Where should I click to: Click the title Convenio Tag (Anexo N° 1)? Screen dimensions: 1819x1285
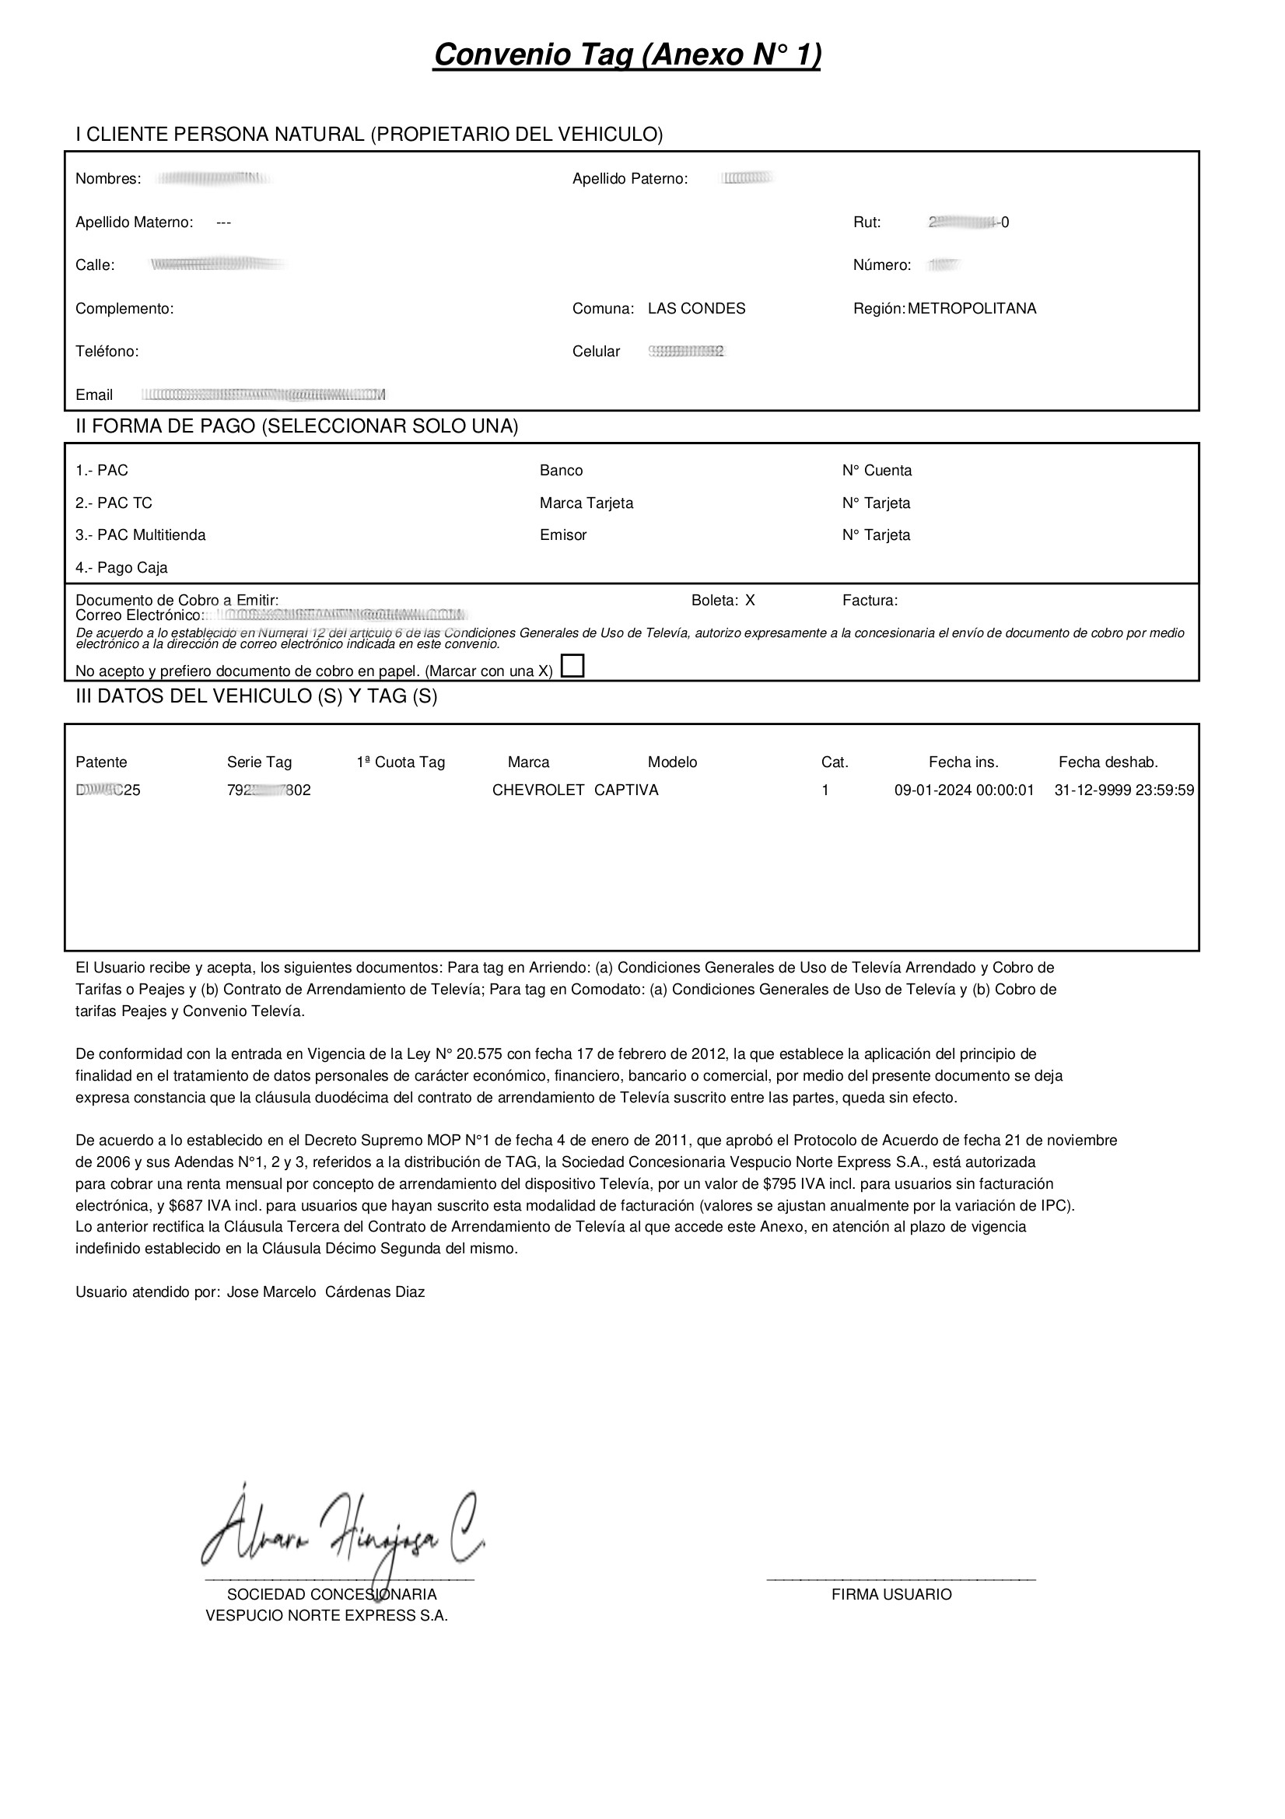tap(627, 54)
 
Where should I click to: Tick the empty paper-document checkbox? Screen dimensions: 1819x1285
tap(572, 666)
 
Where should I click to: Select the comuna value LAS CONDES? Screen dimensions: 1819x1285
tap(696, 308)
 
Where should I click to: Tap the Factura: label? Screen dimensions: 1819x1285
tap(870, 601)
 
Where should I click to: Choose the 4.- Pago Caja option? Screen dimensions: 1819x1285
tap(121, 567)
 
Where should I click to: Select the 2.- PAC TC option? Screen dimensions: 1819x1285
tap(114, 503)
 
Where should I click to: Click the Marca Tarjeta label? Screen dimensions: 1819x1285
tap(586, 503)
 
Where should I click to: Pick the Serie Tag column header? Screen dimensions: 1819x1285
tap(259, 762)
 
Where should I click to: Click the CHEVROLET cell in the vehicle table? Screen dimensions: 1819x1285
tap(538, 790)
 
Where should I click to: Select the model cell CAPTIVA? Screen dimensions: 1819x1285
tap(626, 790)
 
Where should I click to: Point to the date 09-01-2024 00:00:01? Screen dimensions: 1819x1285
tap(965, 790)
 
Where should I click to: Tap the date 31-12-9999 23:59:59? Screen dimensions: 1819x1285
tap(1124, 790)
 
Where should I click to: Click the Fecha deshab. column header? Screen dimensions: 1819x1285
tap(1108, 762)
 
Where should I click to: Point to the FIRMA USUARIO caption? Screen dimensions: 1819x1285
tap(891, 1594)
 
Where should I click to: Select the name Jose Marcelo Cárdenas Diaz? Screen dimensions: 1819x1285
tap(326, 1292)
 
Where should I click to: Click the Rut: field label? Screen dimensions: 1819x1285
tap(867, 223)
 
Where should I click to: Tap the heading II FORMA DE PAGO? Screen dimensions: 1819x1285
tap(296, 426)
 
